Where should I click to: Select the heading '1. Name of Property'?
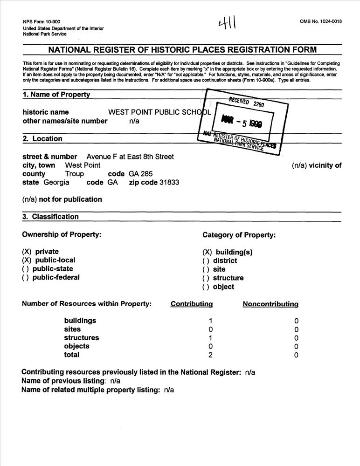56,95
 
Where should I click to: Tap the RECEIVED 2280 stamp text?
246,102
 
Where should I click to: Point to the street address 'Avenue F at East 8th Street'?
130,157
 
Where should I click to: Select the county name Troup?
74,174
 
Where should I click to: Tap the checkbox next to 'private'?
27,252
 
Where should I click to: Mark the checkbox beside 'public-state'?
27,269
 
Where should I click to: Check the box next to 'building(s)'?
207,252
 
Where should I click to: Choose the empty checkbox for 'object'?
206,287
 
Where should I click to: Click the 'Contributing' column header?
192,304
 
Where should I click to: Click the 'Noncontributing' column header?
270,304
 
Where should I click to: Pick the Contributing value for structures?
211,338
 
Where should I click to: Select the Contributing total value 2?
211,355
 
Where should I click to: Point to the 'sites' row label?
72,329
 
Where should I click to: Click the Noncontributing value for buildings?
296,321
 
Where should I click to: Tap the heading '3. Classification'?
51,217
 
